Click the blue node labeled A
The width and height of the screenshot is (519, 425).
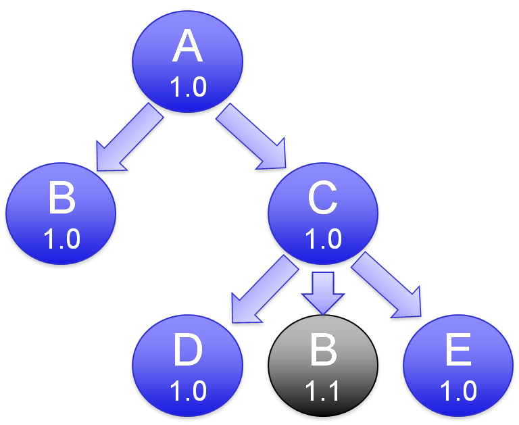point(187,64)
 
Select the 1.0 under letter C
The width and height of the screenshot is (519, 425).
point(323,239)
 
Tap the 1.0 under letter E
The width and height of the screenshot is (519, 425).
point(459,391)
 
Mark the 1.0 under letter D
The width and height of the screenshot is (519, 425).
point(188,391)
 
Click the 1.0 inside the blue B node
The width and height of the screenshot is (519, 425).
point(61,239)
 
